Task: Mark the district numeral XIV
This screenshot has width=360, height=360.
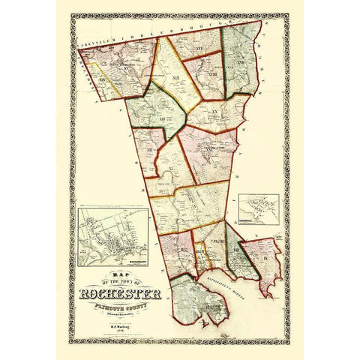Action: point(103,77)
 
